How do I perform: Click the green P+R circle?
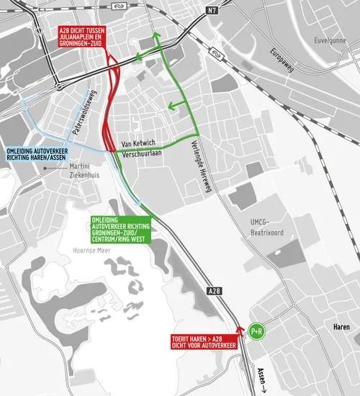point(256,331)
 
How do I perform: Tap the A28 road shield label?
point(213,291)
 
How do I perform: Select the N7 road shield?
point(211,9)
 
